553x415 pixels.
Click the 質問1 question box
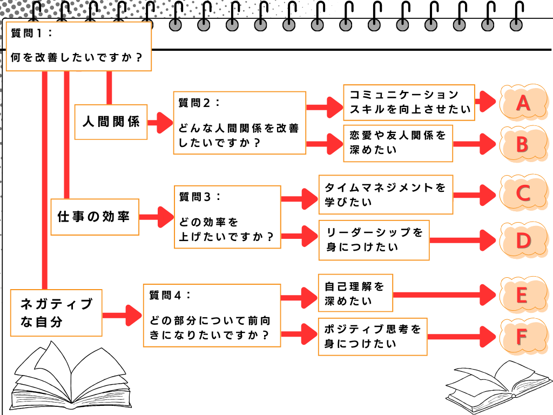click(78, 46)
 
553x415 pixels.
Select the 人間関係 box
click(111, 122)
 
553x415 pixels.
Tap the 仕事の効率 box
click(95, 217)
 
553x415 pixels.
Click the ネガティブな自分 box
click(56, 312)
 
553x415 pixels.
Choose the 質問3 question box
click(227, 217)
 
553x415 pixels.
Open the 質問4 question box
click(212, 315)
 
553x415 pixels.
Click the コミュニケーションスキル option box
click(409, 102)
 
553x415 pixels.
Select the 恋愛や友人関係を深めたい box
click(398, 143)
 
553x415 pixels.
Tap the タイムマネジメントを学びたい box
click(386, 195)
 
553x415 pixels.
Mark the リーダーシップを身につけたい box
click(374, 240)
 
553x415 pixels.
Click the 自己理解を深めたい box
click(355, 293)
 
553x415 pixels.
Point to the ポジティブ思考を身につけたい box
click(373, 336)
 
